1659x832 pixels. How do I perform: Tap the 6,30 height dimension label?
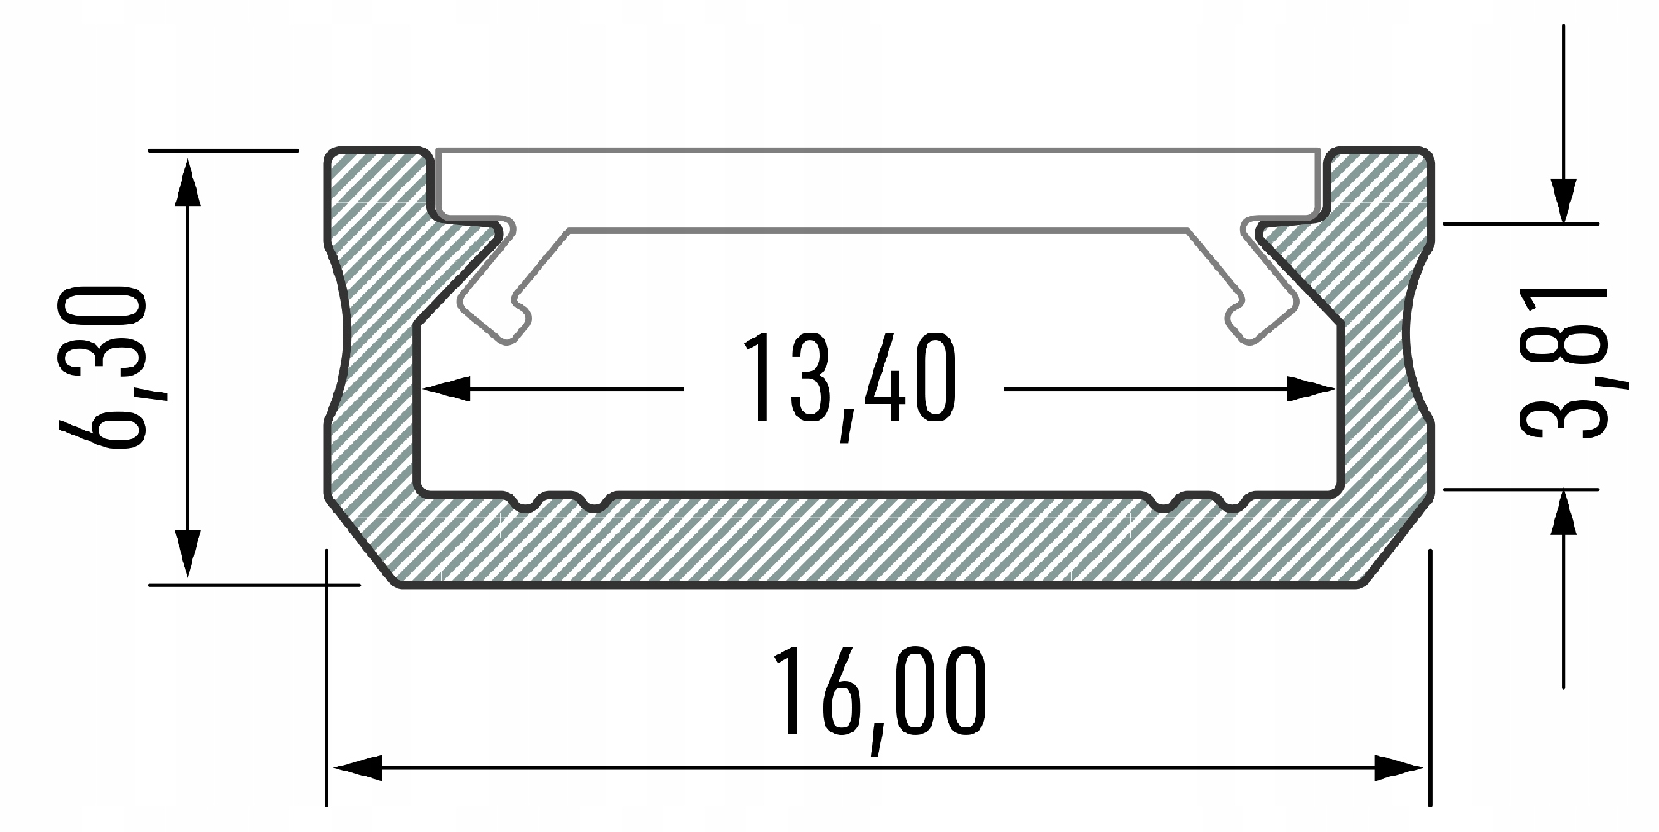point(102,367)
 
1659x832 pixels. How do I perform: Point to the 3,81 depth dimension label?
point(1563,362)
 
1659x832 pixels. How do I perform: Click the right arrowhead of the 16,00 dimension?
point(1400,768)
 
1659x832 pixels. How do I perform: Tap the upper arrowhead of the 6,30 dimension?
point(188,180)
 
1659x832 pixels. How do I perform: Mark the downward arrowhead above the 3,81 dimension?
point(1564,201)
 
